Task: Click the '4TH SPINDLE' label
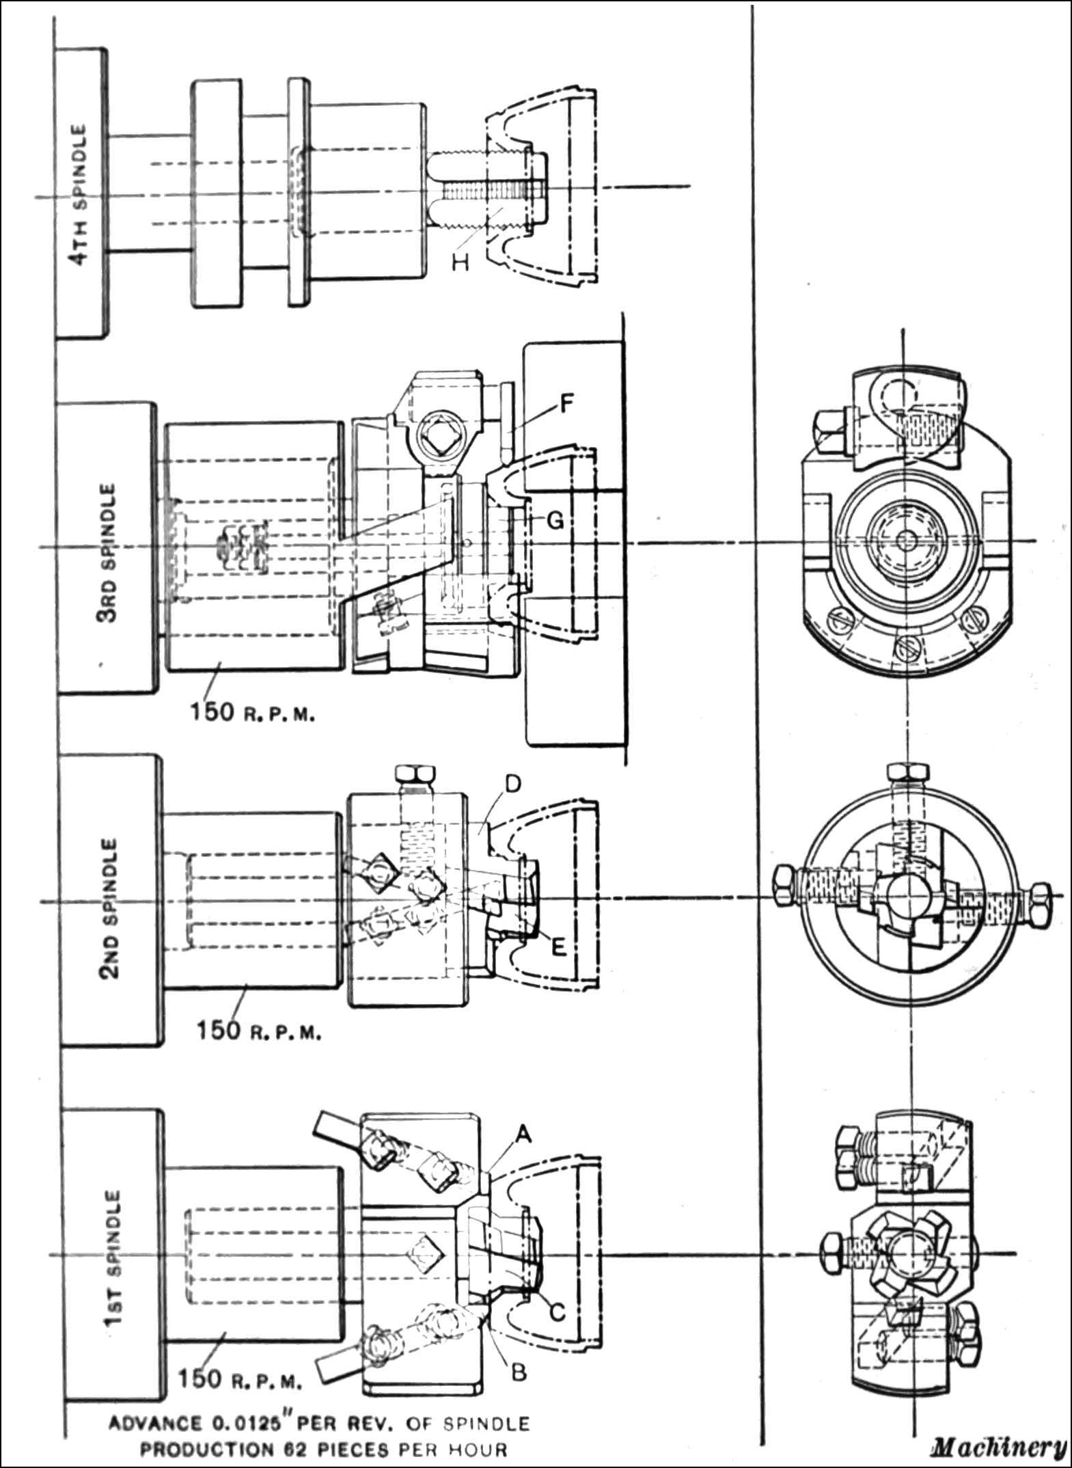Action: click(81, 194)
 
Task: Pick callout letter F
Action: click(566, 403)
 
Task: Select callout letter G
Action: click(555, 521)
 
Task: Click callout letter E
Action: click(558, 949)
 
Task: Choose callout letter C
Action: click(557, 1312)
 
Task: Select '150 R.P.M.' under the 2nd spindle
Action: click(258, 1049)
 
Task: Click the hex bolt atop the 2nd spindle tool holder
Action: click(415, 776)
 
